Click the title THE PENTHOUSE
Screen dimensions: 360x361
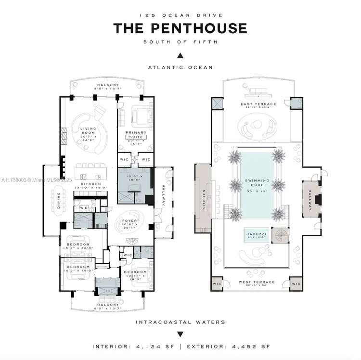(x=180, y=28)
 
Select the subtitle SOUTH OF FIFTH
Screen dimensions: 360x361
(x=180, y=42)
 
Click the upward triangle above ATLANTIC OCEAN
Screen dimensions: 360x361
(x=180, y=55)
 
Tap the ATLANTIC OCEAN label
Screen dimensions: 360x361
(x=180, y=67)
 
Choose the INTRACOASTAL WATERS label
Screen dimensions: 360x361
(x=180, y=322)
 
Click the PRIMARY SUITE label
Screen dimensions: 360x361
(x=136, y=134)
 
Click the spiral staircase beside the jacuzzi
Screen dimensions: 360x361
(x=279, y=235)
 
